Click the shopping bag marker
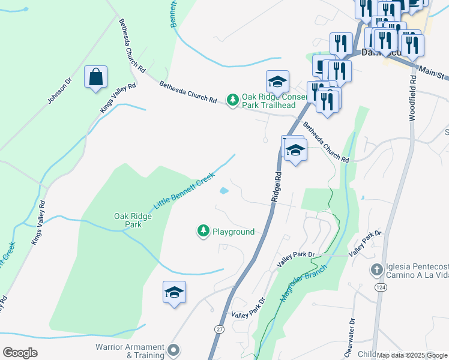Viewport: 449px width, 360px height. tap(95, 77)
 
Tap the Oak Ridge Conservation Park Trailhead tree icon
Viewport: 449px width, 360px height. tap(232, 98)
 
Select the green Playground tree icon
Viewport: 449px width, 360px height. tap(203, 231)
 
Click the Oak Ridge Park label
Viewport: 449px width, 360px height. tap(128, 220)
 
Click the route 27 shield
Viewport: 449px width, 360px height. tap(218, 329)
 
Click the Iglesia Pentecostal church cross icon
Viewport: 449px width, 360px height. tap(377, 269)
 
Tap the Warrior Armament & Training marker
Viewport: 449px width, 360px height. tap(174, 349)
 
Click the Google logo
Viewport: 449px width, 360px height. tap(20, 353)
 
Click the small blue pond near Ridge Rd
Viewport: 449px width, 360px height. tap(223, 191)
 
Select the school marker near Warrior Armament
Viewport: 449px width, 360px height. tap(174, 292)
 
